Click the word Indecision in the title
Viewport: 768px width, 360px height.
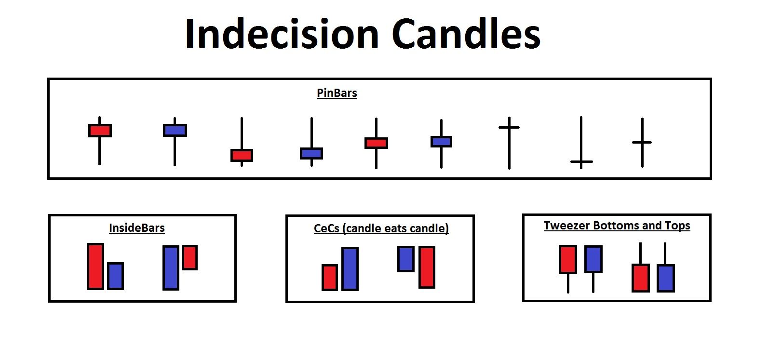click(x=282, y=34)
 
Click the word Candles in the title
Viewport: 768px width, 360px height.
click(x=466, y=34)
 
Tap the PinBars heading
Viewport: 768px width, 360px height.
click(x=337, y=93)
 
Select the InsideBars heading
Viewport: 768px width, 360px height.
click(x=137, y=228)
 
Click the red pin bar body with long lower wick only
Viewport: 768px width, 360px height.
click(x=100, y=131)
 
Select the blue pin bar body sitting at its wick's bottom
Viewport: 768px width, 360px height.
click(x=311, y=153)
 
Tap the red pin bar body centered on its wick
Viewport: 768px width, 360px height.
click(x=376, y=143)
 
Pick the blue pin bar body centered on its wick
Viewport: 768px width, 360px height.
click(x=441, y=142)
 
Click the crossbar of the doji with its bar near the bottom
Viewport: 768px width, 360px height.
click(x=581, y=161)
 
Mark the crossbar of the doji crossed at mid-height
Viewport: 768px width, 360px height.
click(x=642, y=142)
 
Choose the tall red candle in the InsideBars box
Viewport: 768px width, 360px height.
click(x=95, y=267)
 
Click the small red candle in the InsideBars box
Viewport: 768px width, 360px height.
click(x=189, y=257)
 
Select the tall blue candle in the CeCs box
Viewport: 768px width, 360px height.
click(x=350, y=269)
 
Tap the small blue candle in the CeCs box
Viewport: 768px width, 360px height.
click(x=406, y=259)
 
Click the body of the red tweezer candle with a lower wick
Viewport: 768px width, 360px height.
click(x=568, y=259)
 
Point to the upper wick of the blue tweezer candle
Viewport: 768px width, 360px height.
click(x=665, y=253)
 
